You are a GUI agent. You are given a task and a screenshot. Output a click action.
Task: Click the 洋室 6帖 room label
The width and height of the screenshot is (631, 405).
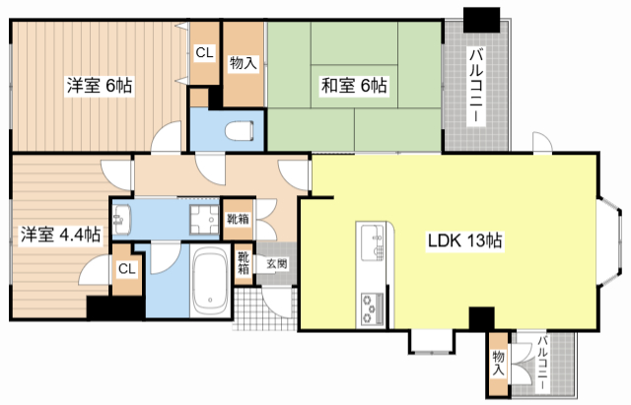pyautogui.click(x=100, y=86)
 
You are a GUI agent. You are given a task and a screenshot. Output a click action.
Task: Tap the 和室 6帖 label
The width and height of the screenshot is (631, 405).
pyautogui.click(x=354, y=86)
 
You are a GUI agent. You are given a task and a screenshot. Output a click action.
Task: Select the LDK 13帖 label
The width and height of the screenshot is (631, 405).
pyautogui.click(x=464, y=240)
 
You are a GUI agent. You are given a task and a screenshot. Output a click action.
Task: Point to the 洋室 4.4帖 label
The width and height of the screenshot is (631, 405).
pyautogui.click(x=61, y=235)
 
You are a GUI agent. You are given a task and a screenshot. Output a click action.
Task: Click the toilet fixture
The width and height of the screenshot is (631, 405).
pyautogui.click(x=240, y=131)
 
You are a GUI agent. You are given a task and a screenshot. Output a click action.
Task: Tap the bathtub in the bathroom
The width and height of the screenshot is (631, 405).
pyautogui.click(x=209, y=281)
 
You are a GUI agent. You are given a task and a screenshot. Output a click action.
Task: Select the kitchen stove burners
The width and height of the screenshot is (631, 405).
pyautogui.click(x=373, y=308)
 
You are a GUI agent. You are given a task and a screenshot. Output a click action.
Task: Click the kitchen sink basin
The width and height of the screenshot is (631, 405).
pyautogui.click(x=373, y=243)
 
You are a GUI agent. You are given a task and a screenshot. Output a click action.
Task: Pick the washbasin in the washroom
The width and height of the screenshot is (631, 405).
pyautogui.click(x=121, y=219)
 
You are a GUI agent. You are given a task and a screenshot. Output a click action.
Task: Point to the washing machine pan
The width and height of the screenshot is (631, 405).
pyautogui.click(x=205, y=219)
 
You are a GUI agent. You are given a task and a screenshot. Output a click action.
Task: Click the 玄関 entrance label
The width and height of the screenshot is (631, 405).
pyautogui.click(x=277, y=264)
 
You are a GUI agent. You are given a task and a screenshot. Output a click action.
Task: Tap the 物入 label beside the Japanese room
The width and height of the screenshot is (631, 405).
pyautogui.click(x=244, y=63)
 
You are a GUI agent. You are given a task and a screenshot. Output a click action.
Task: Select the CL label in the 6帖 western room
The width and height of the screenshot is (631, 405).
pyautogui.click(x=204, y=52)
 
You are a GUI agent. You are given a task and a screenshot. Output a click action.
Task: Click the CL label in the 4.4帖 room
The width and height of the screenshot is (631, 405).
pyautogui.click(x=127, y=269)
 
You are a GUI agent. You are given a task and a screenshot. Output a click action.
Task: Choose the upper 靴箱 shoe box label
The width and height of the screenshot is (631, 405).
pyautogui.click(x=239, y=219)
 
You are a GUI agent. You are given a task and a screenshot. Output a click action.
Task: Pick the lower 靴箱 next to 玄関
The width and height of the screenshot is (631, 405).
pyautogui.click(x=244, y=263)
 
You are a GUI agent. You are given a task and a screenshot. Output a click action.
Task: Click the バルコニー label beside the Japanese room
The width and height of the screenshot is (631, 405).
pyautogui.click(x=477, y=86)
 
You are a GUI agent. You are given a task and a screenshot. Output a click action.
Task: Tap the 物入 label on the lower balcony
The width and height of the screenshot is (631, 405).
pyautogui.click(x=499, y=364)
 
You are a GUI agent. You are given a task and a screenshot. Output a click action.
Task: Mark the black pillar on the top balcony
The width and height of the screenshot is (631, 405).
pyautogui.click(x=481, y=20)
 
